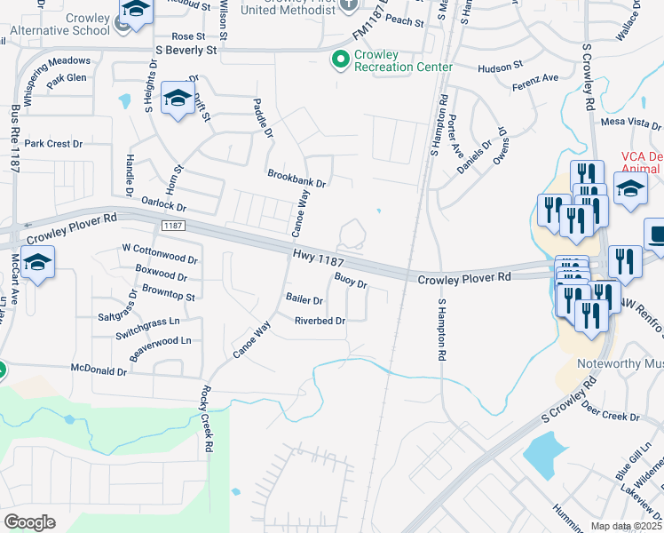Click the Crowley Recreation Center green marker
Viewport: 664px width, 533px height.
pos(339,60)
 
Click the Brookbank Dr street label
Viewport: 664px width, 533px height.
pos(297,178)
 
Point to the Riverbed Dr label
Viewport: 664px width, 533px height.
pos(320,322)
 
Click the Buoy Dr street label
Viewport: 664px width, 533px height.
pos(351,282)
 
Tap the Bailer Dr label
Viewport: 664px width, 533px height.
pos(304,299)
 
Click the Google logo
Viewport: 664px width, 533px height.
pos(29,522)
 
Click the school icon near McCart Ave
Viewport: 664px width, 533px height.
pos(37,263)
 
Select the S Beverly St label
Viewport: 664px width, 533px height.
pos(186,51)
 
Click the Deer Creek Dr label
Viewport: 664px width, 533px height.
pos(610,411)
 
